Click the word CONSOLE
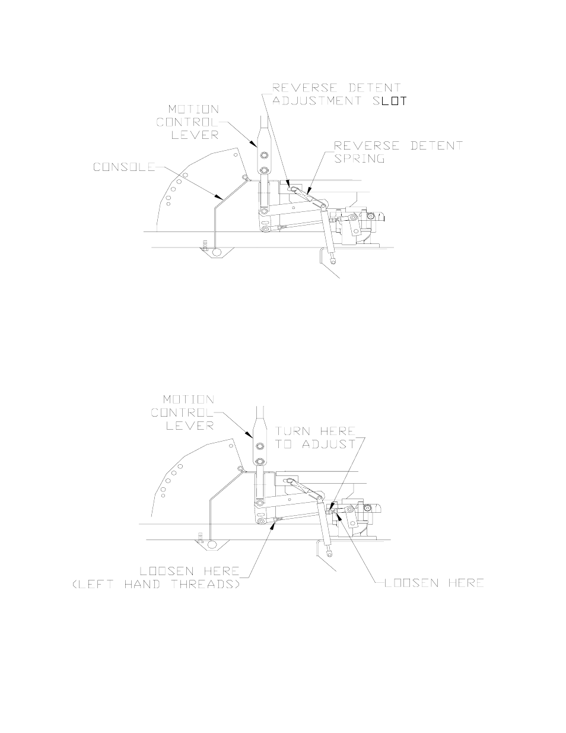(x=123, y=167)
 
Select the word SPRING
(x=360, y=158)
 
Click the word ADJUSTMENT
(x=324, y=101)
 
